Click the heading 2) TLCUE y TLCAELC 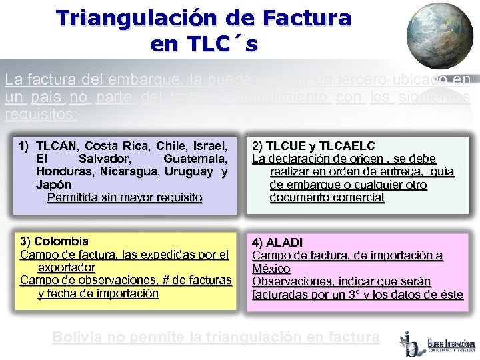(x=313, y=145)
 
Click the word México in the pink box (x=271, y=268)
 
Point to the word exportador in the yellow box (x=67, y=267)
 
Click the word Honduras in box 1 (x=63, y=172)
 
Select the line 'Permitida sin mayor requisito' (x=125, y=197)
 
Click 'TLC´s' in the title (x=203, y=44)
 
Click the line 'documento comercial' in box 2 (x=327, y=197)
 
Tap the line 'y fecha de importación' (x=98, y=293)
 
